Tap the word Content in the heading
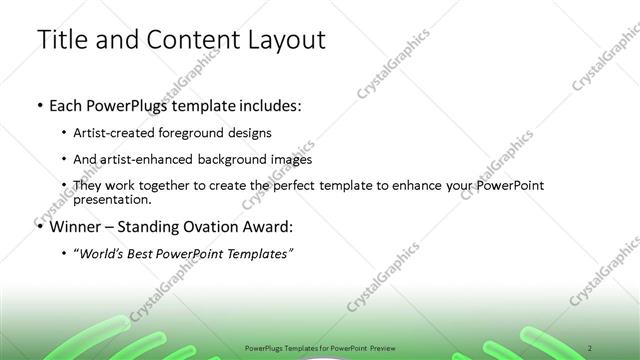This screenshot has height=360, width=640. pos(190,40)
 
